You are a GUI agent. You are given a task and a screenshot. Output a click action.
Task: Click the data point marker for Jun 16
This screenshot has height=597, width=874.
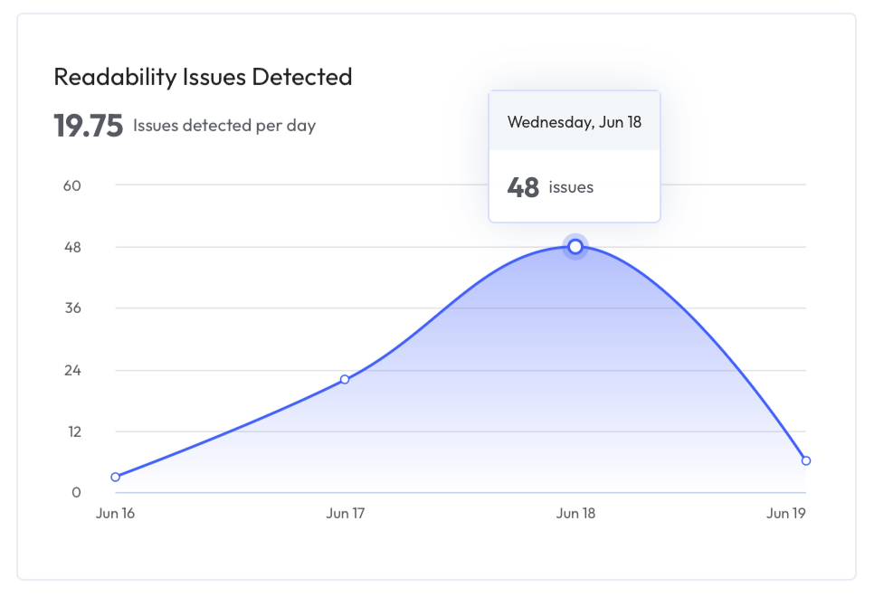(116, 477)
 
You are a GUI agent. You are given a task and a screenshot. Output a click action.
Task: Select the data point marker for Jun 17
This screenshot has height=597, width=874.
(345, 379)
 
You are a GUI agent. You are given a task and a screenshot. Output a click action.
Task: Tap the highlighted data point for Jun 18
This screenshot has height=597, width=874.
(575, 246)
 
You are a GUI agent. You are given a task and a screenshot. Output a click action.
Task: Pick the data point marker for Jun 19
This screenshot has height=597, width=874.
(805, 460)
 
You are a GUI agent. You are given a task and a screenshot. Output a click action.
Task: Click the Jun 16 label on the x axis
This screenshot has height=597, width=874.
(115, 514)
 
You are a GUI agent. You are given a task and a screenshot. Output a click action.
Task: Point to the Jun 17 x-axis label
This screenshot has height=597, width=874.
(345, 514)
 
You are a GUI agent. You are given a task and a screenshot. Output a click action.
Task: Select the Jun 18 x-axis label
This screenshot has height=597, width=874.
(575, 514)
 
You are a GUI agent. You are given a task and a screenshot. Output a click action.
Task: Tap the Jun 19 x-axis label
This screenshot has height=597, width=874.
(785, 514)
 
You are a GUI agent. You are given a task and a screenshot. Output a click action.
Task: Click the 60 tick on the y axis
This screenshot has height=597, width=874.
(71, 185)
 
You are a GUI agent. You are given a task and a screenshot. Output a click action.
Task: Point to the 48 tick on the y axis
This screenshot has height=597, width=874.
(71, 247)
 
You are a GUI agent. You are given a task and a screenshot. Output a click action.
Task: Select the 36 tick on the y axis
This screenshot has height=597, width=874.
(71, 308)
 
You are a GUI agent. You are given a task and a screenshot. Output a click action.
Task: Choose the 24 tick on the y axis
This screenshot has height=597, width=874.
(71, 370)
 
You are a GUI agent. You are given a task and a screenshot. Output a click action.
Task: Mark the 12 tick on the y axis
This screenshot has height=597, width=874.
(71, 431)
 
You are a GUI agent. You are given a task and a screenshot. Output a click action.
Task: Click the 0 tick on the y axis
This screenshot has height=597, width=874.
(76, 493)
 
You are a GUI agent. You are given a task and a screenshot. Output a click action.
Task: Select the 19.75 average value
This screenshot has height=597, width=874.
(88, 126)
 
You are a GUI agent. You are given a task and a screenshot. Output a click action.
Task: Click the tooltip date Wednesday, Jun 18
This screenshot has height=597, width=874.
(575, 121)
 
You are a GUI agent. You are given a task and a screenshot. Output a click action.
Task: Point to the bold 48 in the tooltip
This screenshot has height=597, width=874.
(523, 187)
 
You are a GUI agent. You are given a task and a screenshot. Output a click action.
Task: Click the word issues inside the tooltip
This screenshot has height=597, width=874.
(571, 187)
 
